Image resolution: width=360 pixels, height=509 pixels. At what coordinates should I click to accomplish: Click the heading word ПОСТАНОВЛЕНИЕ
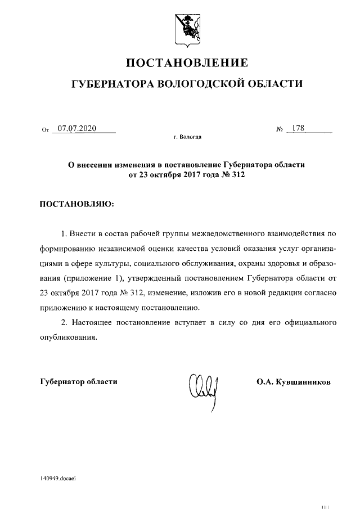point(186,62)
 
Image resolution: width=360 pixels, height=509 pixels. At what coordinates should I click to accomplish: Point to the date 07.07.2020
point(77,129)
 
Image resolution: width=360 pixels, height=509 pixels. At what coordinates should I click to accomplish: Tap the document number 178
point(298,129)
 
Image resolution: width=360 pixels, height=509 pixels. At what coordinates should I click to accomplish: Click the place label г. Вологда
point(188,137)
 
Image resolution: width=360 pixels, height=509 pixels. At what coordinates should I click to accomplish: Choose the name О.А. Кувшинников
point(294,382)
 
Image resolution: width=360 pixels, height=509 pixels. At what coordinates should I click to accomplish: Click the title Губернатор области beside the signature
point(79,382)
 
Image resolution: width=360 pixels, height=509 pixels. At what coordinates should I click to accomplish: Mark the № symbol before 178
point(279,130)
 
